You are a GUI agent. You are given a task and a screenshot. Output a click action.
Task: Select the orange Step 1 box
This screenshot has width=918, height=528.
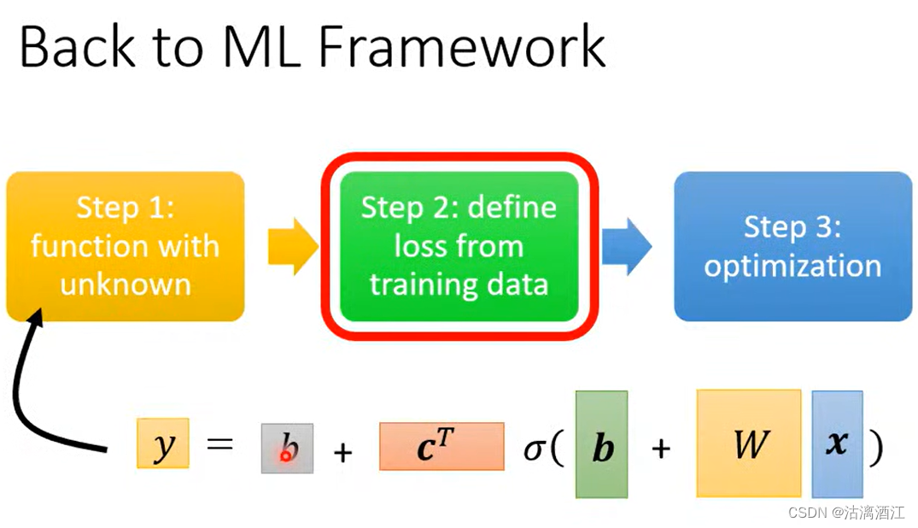coord(126,246)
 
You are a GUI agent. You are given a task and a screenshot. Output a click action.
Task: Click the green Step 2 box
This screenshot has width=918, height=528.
coord(459,246)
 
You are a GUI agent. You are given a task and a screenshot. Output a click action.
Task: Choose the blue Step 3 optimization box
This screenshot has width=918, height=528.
coord(792,246)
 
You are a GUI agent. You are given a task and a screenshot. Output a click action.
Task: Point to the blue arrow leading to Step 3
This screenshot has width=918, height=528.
coord(627,247)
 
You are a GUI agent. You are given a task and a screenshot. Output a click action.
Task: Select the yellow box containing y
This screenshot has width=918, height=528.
coord(162,443)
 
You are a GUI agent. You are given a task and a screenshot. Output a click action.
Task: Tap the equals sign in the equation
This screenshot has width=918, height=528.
coord(219,445)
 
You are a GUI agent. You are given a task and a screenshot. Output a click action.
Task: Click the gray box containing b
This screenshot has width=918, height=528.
coord(287,448)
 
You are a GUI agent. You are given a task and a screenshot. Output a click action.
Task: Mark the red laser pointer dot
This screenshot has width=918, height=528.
coord(286,456)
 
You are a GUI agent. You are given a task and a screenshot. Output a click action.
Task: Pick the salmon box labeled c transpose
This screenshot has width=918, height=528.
coord(441,446)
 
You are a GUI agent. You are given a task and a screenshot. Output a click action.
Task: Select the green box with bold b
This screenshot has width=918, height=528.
coord(601,444)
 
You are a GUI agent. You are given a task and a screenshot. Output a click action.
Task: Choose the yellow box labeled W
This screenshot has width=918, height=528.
coord(749,443)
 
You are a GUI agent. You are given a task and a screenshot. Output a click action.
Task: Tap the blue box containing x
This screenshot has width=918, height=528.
coord(837,444)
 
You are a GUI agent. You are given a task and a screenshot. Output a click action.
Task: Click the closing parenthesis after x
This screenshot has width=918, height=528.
coord(875,448)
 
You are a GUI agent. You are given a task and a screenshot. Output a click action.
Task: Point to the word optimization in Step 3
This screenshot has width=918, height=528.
coord(792,266)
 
